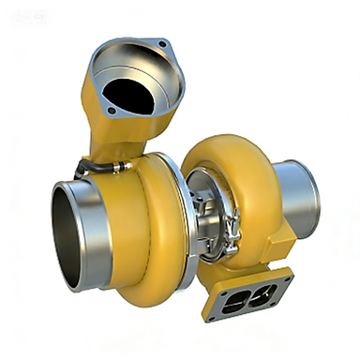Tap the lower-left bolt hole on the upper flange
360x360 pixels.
coord(112,112)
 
